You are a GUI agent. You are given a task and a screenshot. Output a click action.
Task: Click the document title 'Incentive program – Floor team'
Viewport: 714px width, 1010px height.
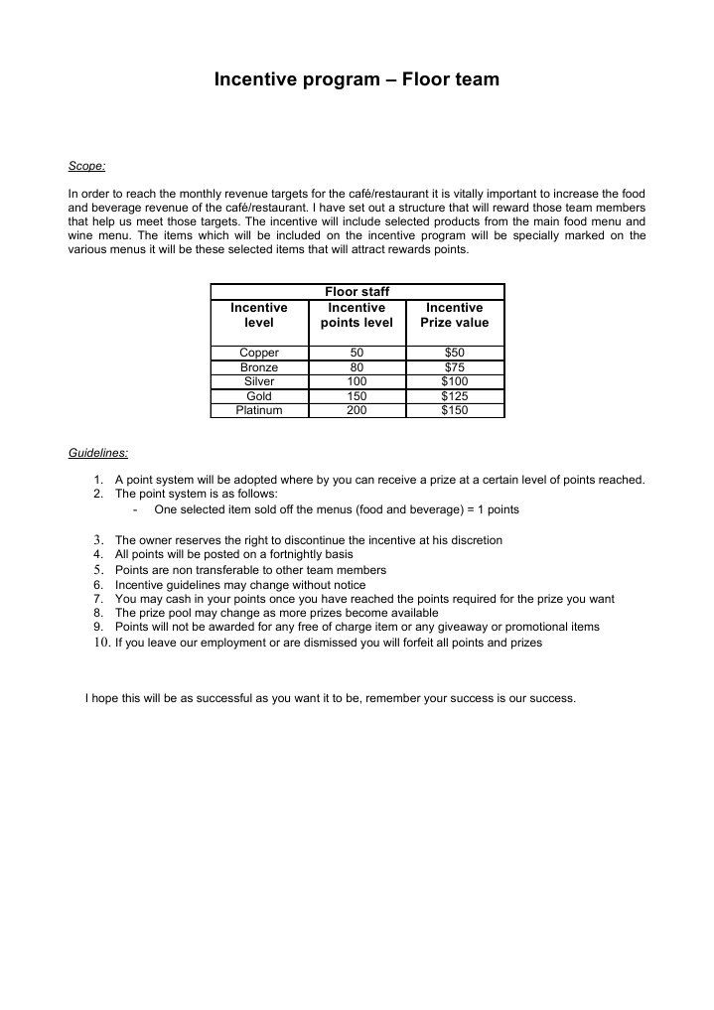pos(357,78)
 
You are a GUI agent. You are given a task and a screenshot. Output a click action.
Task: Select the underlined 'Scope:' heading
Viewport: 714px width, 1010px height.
pos(86,166)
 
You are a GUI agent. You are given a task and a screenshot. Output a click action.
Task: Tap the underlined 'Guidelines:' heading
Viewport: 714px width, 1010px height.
pos(97,453)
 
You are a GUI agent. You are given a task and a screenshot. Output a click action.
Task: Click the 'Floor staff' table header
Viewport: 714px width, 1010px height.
pos(357,291)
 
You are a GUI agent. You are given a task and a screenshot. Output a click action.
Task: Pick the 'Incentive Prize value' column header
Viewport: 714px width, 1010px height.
pos(454,315)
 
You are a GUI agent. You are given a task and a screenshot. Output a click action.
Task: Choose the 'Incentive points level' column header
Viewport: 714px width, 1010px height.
pos(357,315)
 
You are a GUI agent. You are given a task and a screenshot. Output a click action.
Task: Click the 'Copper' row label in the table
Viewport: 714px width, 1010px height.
pos(259,353)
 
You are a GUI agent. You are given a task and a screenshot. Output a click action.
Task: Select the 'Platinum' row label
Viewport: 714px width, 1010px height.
pos(259,410)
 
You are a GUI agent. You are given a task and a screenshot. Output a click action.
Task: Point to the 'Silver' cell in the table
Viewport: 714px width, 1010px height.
pos(259,381)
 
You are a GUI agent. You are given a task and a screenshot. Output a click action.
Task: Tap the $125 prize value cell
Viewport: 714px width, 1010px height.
pos(454,396)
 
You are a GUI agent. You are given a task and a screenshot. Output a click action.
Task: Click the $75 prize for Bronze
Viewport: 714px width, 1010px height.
pos(454,367)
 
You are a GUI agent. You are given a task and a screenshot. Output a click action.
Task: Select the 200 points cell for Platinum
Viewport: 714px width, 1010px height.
pos(357,410)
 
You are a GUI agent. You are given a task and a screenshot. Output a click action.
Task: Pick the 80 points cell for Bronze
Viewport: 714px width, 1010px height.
pos(357,367)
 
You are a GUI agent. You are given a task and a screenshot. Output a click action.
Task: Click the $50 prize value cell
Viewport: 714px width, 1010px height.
pos(454,353)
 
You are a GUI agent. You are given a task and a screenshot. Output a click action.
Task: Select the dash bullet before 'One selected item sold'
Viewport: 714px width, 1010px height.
pos(134,509)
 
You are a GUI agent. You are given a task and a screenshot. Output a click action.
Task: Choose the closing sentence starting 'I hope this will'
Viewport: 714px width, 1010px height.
pos(331,698)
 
